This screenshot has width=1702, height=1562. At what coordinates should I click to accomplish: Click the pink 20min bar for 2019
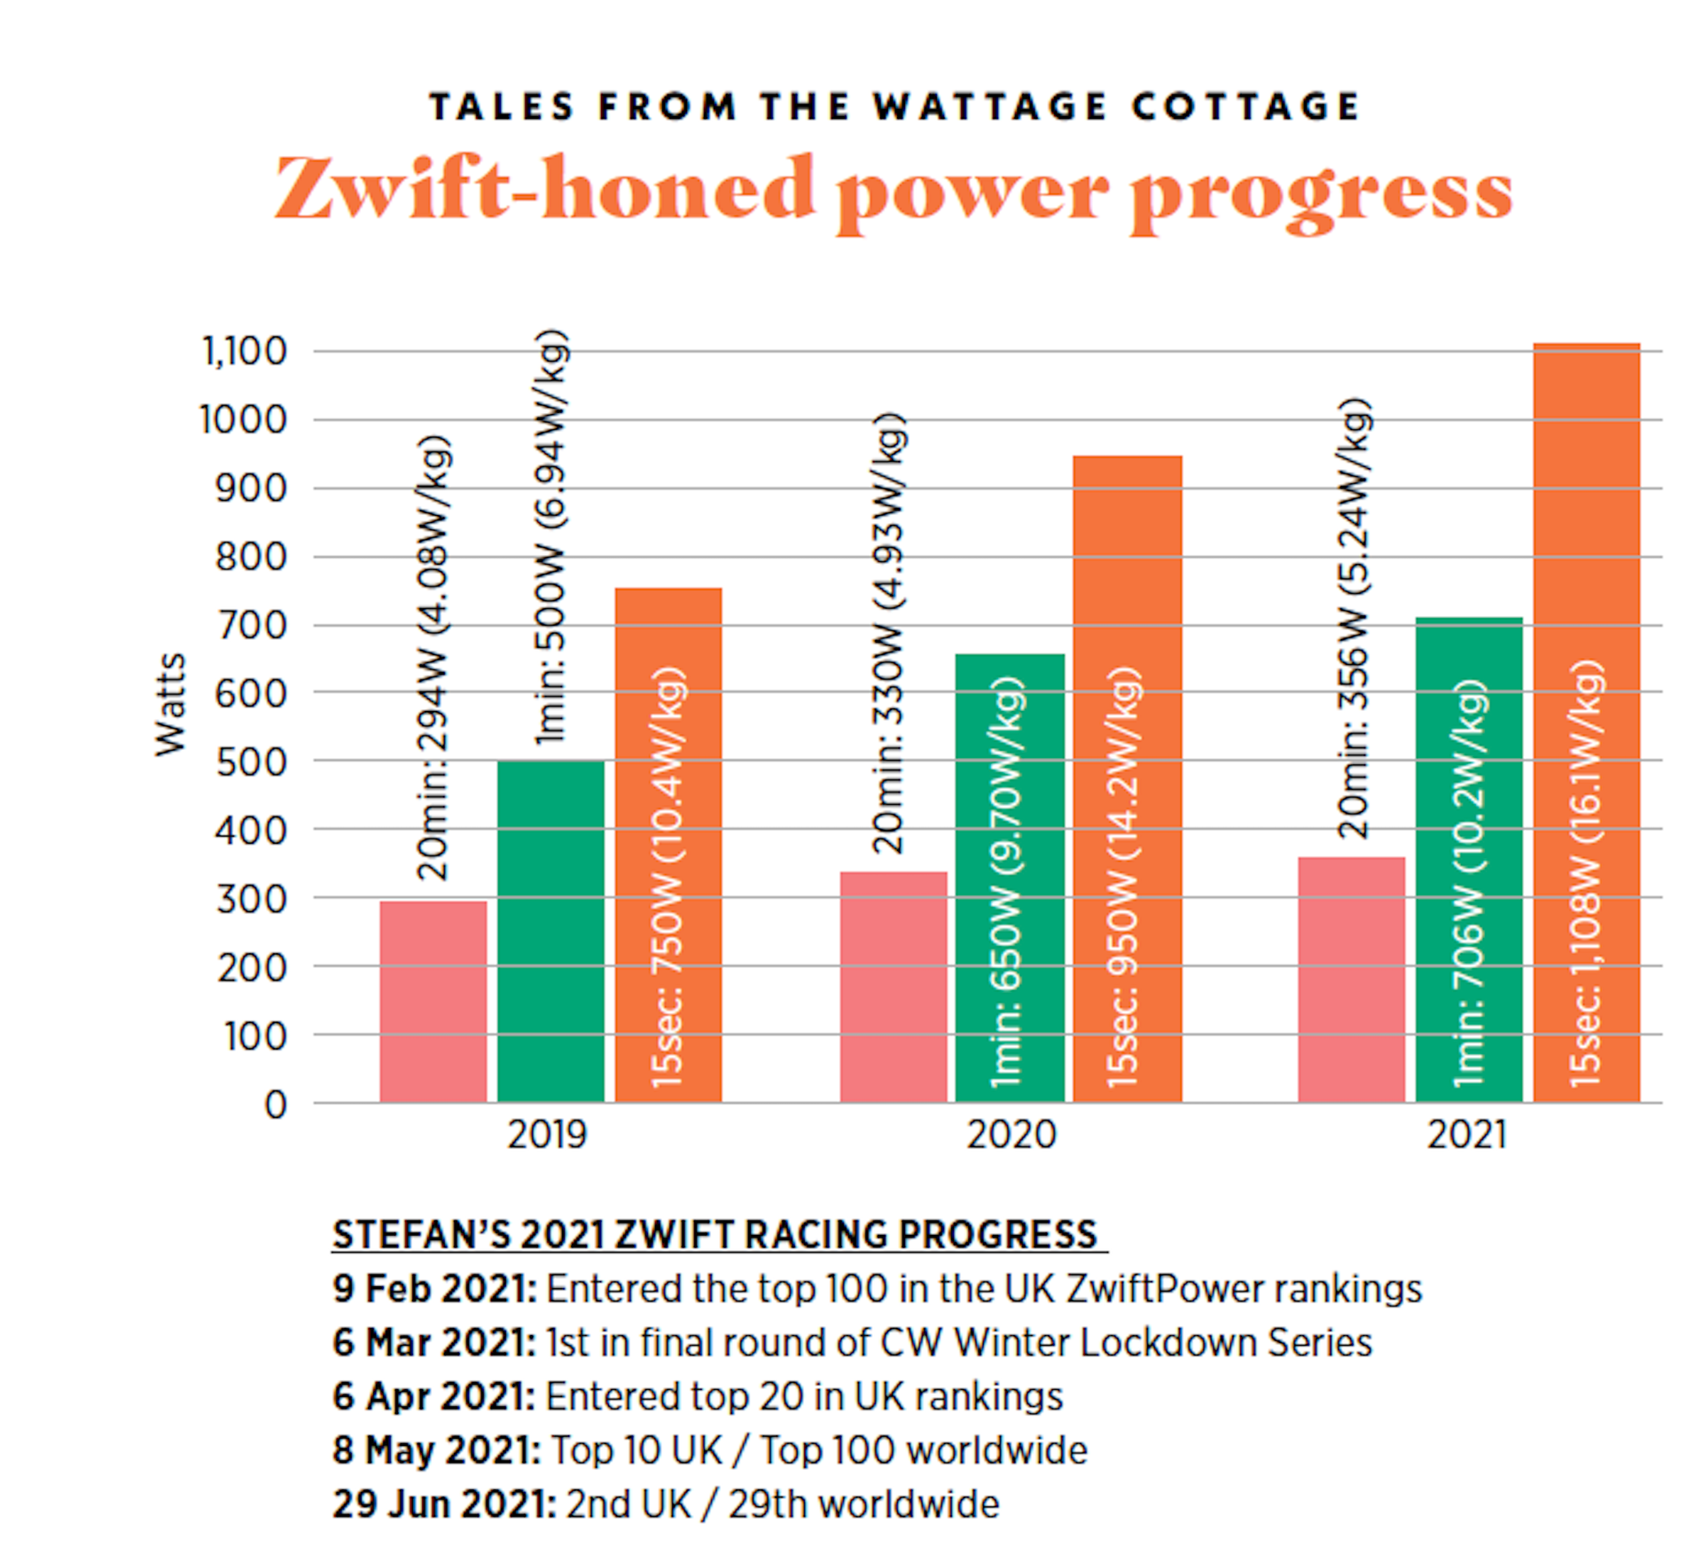point(433,1002)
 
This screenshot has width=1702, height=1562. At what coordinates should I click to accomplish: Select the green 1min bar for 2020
point(1010,878)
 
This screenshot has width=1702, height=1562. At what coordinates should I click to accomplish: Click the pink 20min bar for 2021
point(1351,980)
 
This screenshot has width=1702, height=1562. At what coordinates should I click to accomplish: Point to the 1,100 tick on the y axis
point(245,352)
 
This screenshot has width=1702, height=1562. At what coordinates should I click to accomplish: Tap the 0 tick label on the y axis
point(276,1105)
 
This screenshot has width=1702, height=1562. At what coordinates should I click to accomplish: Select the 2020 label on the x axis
point(1011,1135)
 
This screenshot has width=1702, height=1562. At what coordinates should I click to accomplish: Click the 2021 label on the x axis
point(1466,1135)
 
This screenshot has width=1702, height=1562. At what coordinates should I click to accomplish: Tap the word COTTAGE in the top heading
point(1245,107)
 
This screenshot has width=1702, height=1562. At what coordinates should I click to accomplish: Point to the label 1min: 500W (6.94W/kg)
point(551,536)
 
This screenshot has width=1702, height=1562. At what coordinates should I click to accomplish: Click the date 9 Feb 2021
point(434,1289)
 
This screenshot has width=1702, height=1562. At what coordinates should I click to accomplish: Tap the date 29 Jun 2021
point(444,1504)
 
